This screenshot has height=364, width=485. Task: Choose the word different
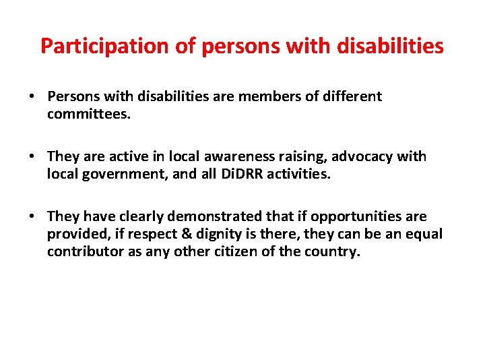pyautogui.click(x=352, y=96)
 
